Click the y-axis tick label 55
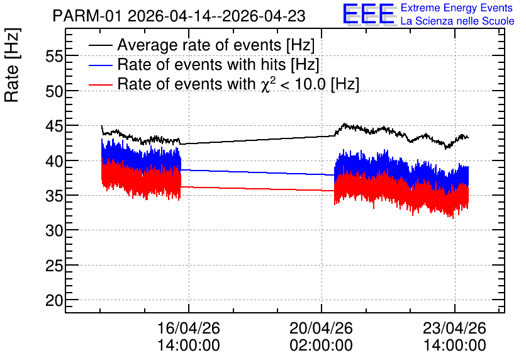(54, 56)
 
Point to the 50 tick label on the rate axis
(54, 91)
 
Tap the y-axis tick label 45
(54, 126)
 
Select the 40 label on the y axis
(54, 160)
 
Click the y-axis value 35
(54, 196)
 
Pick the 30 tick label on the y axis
(54, 230)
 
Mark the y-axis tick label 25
(54, 266)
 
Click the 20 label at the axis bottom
(54, 300)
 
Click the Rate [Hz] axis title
(12, 65)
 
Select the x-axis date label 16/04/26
(189, 328)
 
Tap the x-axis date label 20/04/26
(321, 328)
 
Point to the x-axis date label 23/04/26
(454, 328)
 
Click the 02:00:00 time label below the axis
(321, 345)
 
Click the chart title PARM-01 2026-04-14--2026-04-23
(179, 16)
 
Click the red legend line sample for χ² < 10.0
(101, 84)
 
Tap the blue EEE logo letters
(369, 14)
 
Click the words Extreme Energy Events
(457, 8)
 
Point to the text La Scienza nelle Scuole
(457, 21)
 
